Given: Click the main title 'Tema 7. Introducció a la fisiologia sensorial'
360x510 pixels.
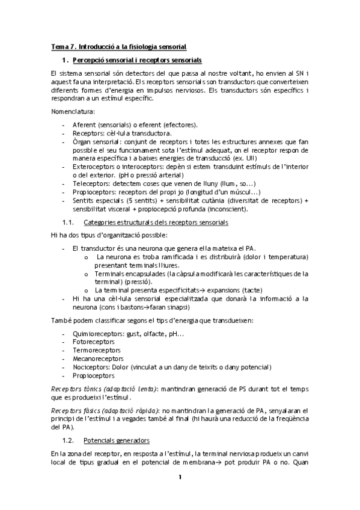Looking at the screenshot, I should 118,46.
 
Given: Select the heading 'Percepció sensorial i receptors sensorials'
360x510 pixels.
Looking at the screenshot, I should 136,60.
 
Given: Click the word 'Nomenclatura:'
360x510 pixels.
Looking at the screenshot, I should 71,111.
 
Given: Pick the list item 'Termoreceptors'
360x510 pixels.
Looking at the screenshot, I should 92,350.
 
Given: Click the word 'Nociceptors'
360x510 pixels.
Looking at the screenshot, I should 89,367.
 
